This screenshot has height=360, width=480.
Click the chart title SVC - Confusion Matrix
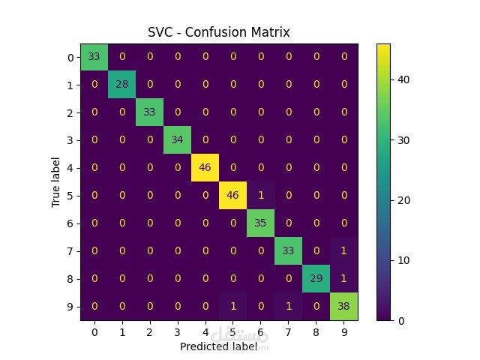pos(220,33)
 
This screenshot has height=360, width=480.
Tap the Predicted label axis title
pos(219,347)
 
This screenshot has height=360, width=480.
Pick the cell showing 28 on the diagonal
pos(121,85)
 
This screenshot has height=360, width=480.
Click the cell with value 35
pos(259,223)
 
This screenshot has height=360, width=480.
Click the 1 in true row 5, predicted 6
pos(259,196)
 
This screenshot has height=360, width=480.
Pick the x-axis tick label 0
pos(94,331)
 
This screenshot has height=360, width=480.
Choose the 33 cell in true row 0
pos(95,57)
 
